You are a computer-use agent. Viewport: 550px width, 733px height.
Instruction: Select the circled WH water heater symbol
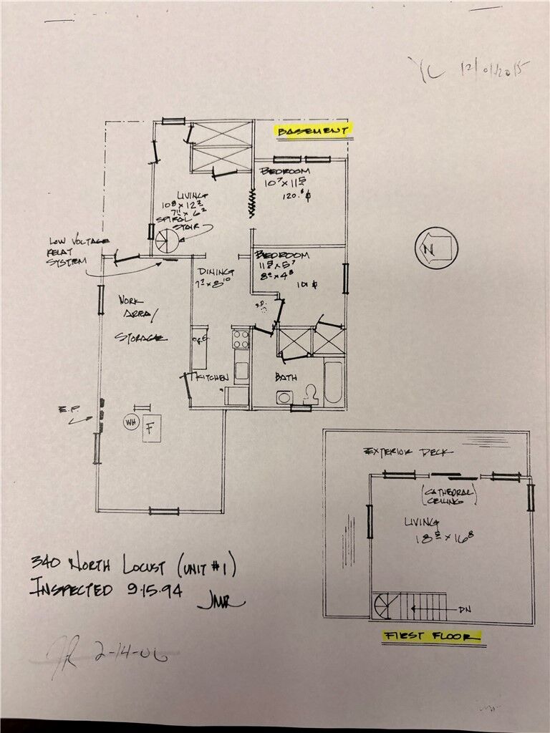(x=131, y=423)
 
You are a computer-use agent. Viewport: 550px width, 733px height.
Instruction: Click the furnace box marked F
(x=152, y=429)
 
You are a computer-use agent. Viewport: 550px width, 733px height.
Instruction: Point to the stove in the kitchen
(x=241, y=339)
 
